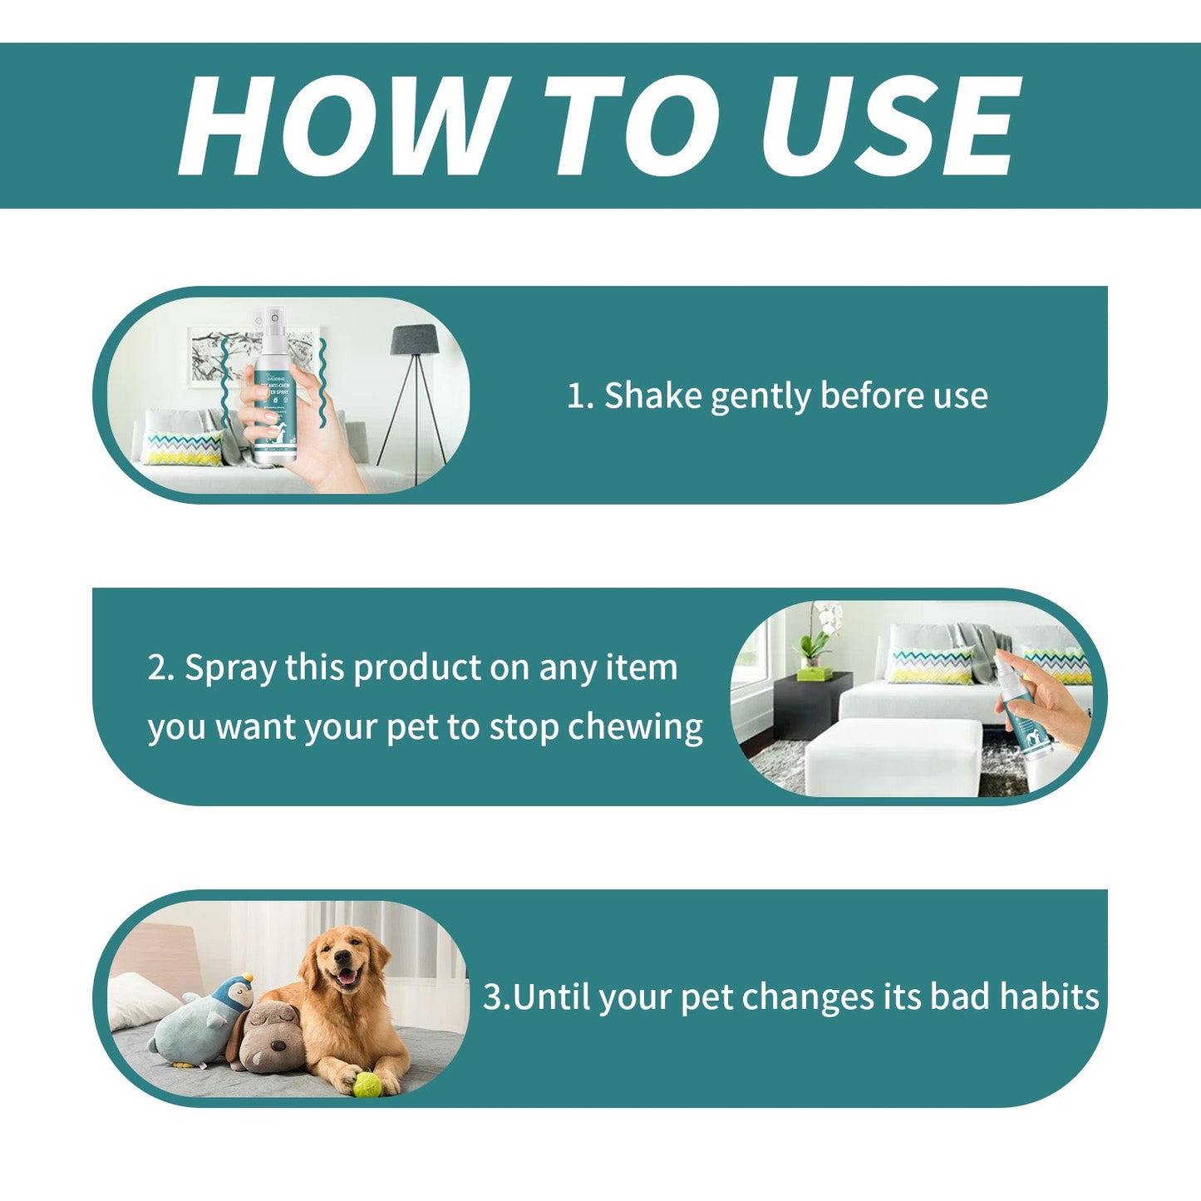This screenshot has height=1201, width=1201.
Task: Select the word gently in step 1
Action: [760, 397]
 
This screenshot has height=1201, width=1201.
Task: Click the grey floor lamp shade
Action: [415, 339]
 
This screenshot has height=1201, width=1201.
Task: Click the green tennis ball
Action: [366, 1084]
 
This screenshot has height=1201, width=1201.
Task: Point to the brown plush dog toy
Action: [268, 1035]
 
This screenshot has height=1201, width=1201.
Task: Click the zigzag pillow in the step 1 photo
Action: [183, 448]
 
